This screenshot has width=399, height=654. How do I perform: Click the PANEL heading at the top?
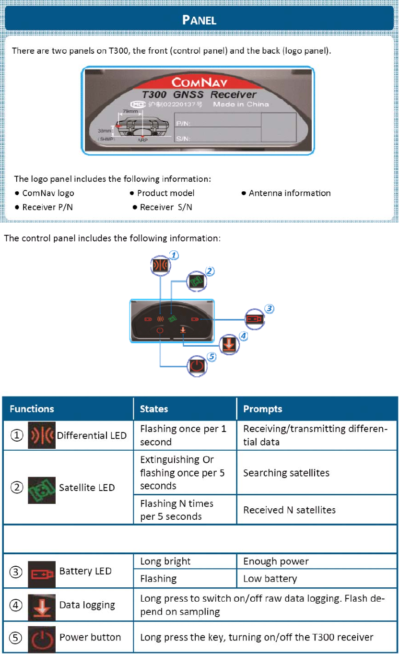pos(200,20)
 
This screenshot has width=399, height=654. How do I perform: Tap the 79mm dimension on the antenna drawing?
pos(130,111)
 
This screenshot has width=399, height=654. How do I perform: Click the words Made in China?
pos(241,104)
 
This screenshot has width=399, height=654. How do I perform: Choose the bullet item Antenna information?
pos(289,193)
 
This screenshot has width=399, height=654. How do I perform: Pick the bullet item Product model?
pos(165,193)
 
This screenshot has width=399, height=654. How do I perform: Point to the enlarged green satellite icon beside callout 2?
pos(196,281)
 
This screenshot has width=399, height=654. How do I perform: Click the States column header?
pos(154,409)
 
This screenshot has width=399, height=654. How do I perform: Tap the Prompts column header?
pos(262,409)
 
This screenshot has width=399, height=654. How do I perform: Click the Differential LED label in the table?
pos(92,435)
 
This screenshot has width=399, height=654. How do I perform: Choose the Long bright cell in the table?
pos(165,561)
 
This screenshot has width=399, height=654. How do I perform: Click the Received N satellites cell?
pos(289,510)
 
